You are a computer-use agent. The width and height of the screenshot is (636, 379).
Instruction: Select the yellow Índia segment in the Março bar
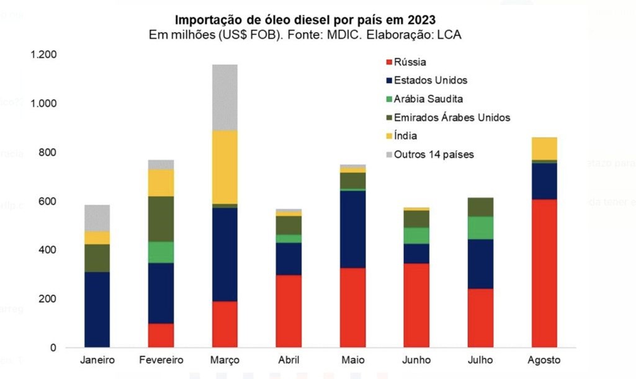225,167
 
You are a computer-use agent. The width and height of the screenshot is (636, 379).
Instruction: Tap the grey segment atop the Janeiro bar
97,218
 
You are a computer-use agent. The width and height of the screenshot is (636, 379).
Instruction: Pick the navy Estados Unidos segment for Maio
352,229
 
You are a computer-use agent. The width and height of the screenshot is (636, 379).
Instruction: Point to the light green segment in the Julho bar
480,228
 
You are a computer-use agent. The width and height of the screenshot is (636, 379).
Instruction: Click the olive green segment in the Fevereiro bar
161,219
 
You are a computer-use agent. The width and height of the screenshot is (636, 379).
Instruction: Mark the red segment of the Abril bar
289,311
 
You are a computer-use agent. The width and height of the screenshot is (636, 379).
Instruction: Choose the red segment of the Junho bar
416,305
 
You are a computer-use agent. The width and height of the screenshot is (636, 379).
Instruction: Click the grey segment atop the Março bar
225,97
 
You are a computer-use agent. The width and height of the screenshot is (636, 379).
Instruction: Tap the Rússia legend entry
410,62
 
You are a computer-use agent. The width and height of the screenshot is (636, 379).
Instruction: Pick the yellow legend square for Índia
389,136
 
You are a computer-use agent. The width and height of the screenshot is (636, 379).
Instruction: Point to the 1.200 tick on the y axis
43,55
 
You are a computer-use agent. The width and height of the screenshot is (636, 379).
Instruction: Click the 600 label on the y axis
48,201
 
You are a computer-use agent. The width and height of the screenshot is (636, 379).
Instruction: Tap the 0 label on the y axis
53,347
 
